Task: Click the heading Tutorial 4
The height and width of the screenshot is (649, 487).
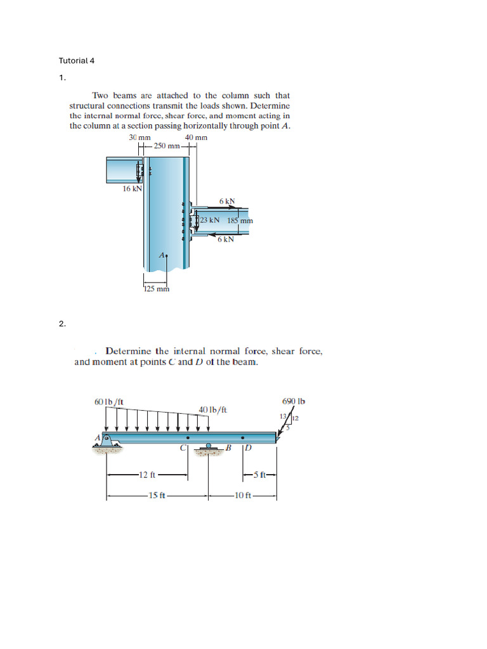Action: pyautogui.click(x=77, y=61)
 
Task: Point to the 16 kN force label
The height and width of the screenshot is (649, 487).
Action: pyautogui.click(x=132, y=188)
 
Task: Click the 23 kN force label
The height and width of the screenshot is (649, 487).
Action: pyautogui.click(x=210, y=221)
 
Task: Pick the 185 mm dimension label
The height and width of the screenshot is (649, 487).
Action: pyautogui.click(x=240, y=221)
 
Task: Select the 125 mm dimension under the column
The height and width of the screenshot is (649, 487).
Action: pyautogui.click(x=156, y=290)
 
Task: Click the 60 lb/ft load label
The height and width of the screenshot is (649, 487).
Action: pyautogui.click(x=108, y=401)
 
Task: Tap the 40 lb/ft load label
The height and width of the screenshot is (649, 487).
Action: pyautogui.click(x=212, y=410)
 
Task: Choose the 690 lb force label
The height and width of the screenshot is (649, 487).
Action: pyautogui.click(x=293, y=401)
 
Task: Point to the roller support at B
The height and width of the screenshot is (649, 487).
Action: pyautogui.click(x=209, y=449)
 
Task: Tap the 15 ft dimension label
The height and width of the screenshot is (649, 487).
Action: pyautogui.click(x=156, y=496)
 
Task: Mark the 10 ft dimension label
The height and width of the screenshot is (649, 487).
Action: pyautogui.click(x=243, y=496)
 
